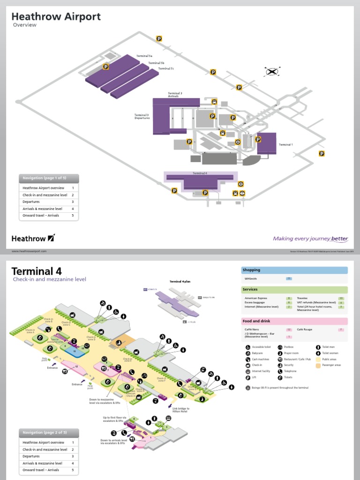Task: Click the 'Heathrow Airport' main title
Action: point(56,17)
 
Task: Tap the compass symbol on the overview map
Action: point(272,72)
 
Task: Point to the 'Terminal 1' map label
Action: point(285,144)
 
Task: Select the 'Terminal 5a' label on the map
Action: point(144,56)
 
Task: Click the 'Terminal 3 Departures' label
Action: point(142,116)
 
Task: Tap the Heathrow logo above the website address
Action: point(33,238)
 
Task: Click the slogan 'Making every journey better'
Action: point(310,239)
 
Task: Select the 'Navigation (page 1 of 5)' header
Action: point(49,178)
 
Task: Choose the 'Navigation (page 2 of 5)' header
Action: point(49,432)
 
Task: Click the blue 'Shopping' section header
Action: point(294,270)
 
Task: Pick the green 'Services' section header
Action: point(294,289)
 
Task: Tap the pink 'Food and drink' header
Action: point(294,321)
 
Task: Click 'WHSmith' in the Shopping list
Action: point(251,278)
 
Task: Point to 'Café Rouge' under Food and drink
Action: point(305,330)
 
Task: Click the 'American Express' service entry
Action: point(255,298)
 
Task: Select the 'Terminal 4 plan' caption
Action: point(180,281)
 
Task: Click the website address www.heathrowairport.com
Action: point(29,251)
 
